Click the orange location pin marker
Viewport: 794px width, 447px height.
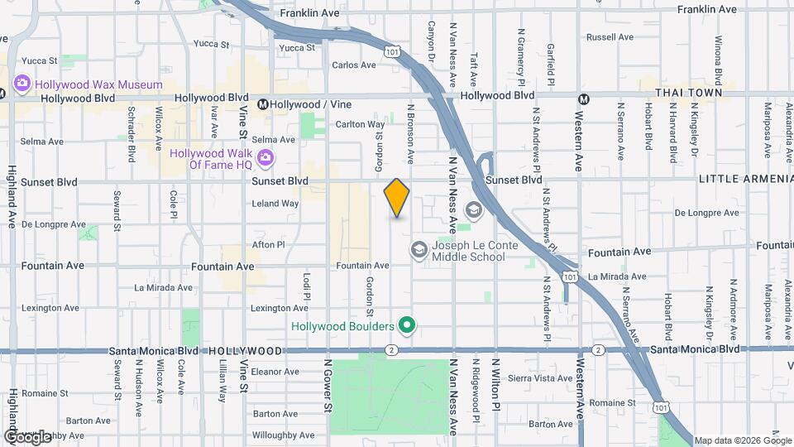[397, 197]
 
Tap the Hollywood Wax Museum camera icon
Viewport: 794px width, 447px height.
[22, 84]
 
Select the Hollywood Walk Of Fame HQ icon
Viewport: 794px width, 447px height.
[265, 158]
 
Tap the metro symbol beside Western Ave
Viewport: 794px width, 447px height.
[583, 99]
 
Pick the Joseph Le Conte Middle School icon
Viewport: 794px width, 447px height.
[419, 249]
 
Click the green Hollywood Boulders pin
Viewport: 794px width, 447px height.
[405, 326]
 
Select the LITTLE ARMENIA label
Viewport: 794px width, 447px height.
[742, 179]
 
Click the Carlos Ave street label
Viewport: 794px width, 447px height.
[354, 65]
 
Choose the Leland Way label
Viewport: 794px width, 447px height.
[275, 203]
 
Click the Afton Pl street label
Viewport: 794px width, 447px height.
[268, 244]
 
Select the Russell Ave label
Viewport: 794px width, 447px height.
[610, 37]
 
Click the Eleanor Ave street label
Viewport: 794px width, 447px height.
[274, 372]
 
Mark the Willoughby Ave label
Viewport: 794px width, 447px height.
[283, 435]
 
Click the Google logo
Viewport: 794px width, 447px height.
[27, 436]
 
